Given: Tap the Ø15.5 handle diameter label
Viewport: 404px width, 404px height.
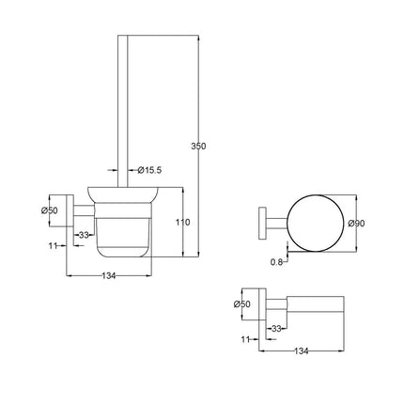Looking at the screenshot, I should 151,170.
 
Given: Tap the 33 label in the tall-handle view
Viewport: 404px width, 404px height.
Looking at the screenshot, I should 84,234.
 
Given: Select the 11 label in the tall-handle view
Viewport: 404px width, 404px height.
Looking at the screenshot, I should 53,245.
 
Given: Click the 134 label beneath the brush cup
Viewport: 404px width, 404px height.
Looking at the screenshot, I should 108,275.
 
